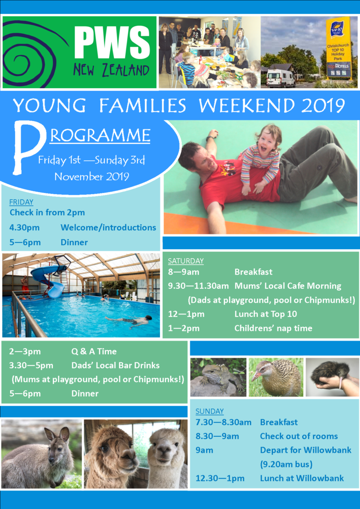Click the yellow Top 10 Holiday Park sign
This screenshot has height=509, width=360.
click(338, 47)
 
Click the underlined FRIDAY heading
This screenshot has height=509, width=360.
click(21, 202)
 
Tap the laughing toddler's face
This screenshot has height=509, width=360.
click(268, 139)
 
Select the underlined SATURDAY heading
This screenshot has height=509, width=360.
click(186, 261)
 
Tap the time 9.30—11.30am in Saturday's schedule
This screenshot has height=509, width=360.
click(198, 286)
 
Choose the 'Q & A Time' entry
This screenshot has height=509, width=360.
click(94, 351)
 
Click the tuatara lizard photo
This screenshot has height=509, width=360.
click(218, 377)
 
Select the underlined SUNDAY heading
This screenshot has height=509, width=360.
click(210, 411)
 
